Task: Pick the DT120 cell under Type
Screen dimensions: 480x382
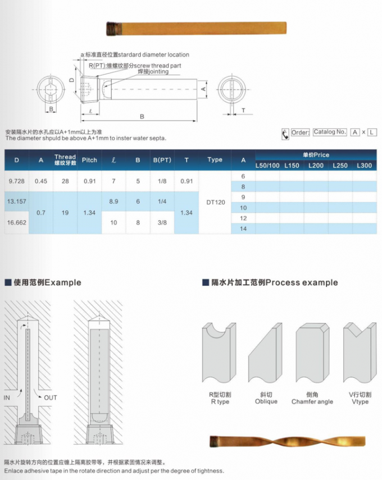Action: pos(215,202)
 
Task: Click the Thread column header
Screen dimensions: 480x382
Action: pos(65,159)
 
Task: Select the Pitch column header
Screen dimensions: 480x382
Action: pos(89,160)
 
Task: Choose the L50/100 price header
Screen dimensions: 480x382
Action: pos(267,166)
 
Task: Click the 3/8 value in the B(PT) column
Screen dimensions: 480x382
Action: pos(162,222)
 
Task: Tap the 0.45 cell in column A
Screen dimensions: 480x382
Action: pos(40,181)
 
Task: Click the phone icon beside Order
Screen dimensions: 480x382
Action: pos(285,133)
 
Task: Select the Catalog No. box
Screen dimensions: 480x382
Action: pos(330,132)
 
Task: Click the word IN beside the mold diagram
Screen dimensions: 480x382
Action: pos(8,397)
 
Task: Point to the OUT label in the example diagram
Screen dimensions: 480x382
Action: pos(51,397)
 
